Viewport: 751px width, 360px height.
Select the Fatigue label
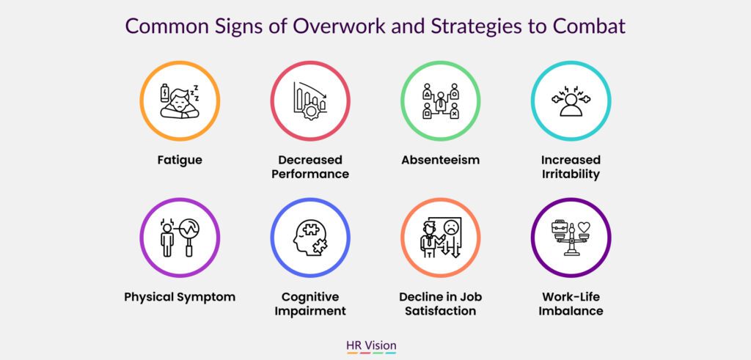click(x=180, y=159)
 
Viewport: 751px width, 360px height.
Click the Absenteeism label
click(x=440, y=159)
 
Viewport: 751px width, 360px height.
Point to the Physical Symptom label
click(x=180, y=297)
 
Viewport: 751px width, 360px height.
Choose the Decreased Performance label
click(x=309, y=166)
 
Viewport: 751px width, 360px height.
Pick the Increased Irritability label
click(x=571, y=166)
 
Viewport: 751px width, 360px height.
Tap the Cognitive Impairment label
click(x=309, y=304)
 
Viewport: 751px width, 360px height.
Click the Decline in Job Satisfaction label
click(x=440, y=304)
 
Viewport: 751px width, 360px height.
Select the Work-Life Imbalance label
click(x=571, y=304)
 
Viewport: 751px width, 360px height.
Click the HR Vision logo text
click(x=375, y=344)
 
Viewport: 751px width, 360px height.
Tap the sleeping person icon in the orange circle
click(x=180, y=100)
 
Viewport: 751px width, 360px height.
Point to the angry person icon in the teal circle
click(x=571, y=101)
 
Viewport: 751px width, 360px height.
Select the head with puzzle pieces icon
click(x=309, y=238)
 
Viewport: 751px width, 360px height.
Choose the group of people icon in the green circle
click(x=440, y=100)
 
